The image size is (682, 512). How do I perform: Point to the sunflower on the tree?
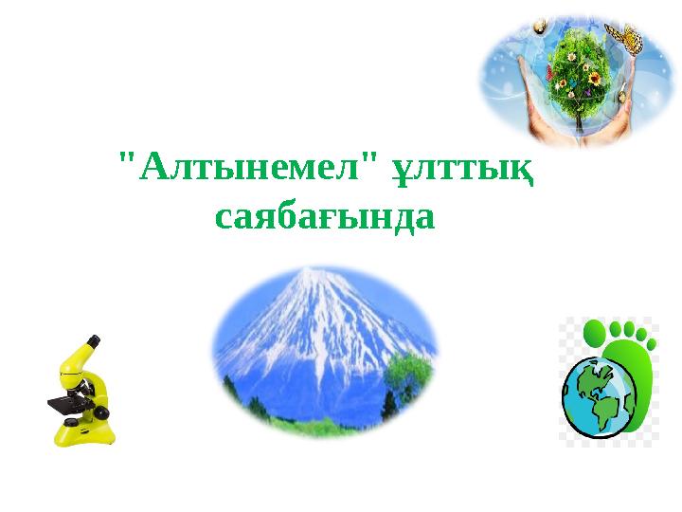pos(594,78)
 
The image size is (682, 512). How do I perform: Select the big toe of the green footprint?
pos(596,333)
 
